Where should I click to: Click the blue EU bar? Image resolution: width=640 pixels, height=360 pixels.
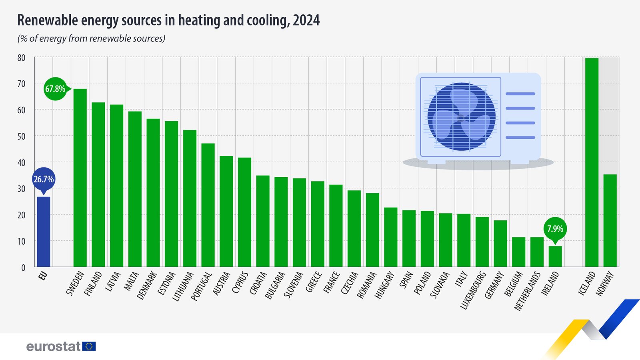pyautogui.click(x=43, y=232)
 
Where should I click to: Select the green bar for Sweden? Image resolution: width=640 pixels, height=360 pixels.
pyautogui.click(x=80, y=178)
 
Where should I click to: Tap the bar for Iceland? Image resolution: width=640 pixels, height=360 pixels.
pyautogui.click(x=592, y=162)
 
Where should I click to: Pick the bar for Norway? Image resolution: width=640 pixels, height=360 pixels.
pyautogui.click(x=610, y=220)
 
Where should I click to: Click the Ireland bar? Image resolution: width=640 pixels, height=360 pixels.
pyautogui.click(x=555, y=256)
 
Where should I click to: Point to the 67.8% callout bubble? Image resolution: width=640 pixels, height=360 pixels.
pyautogui.click(x=55, y=89)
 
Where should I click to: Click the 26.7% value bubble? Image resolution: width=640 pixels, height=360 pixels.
pyautogui.click(x=43, y=179)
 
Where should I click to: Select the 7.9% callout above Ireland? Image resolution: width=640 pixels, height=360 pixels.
pyautogui.click(x=555, y=229)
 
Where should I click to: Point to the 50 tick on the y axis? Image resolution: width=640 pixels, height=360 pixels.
pyautogui.click(x=21, y=136)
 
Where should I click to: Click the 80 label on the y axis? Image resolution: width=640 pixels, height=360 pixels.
pyautogui.click(x=21, y=58)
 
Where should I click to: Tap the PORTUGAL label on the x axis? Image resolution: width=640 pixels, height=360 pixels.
pyautogui.click(x=202, y=286)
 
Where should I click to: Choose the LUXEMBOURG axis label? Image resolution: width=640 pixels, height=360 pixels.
pyautogui.click(x=473, y=290)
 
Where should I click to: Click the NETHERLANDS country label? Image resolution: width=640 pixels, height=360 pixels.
pyautogui.click(x=528, y=291)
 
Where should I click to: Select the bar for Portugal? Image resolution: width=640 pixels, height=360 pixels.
pyautogui.click(x=208, y=205)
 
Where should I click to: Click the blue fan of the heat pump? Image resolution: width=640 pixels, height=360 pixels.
pyautogui.click(x=461, y=117)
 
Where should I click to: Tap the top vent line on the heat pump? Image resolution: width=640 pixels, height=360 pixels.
pyautogui.click(x=520, y=94)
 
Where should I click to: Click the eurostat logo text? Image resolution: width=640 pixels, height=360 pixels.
pyautogui.click(x=54, y=346)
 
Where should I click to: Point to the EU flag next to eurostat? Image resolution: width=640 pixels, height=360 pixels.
pyautogui.click(x=89, y=346)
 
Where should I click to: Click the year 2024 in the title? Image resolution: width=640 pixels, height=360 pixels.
pyautogui.click(x=306, y=20)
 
